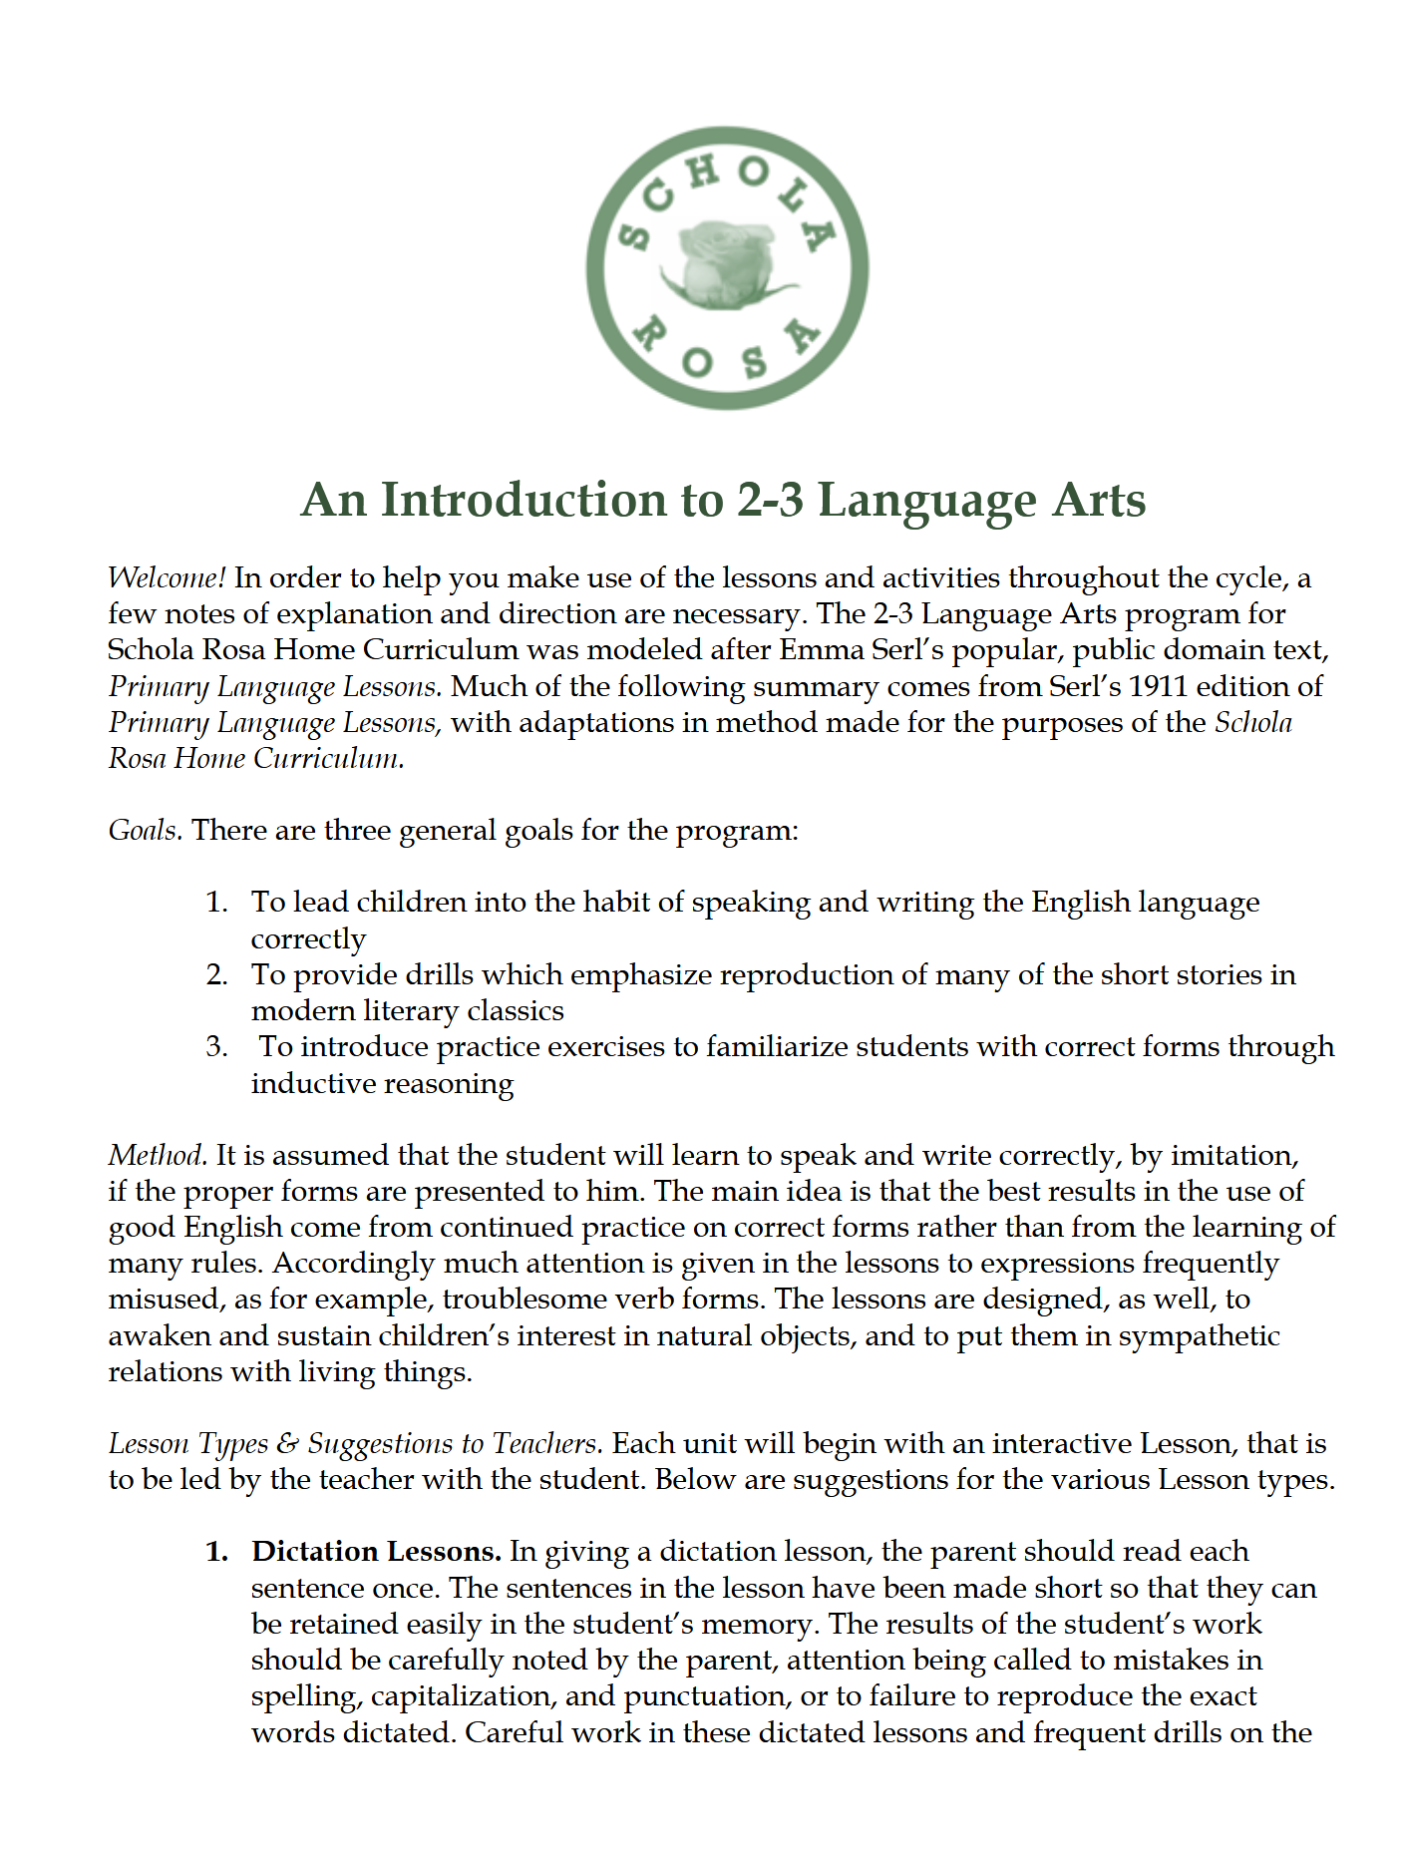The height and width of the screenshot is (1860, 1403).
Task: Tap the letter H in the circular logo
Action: [x=702, y=172]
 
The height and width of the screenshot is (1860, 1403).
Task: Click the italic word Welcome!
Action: [x=167, y=578]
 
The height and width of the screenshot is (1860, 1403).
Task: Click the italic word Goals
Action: [x=144, y=830]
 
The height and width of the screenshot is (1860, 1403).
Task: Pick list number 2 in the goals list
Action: [x=217, y=974]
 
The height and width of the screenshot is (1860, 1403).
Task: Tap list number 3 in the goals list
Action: [x=217, y=1047]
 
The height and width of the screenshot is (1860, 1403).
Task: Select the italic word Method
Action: [x=157, y=1155]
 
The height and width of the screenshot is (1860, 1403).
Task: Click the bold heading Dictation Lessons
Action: [x=376, y=1552]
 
